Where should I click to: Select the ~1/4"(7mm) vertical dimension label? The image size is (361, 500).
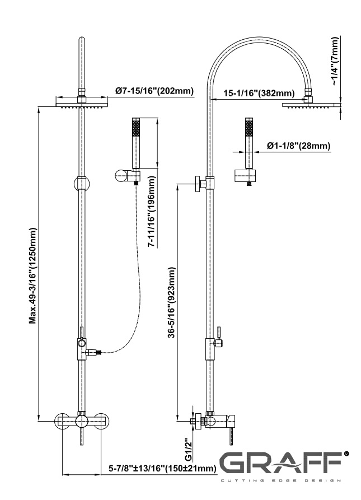pyautogui.click(x=334, y=62)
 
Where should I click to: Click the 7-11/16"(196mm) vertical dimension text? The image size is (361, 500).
pyautogui.click(x=152, y=213)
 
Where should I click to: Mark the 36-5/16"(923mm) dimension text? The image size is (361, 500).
pyautogui.click(x=172, y=302)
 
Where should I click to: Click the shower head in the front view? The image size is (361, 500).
pyautogui.click(x=82, y=101)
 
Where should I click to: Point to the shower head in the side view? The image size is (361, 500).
pyautogui.click(x=311, y=104)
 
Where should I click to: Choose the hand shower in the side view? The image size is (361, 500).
pyautogui.click(x=249, y=142)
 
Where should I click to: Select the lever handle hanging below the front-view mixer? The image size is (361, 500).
pyautogui.click(x=82, y=437)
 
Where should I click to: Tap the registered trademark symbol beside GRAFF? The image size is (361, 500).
pyautogui.click(x=346, y=454)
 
